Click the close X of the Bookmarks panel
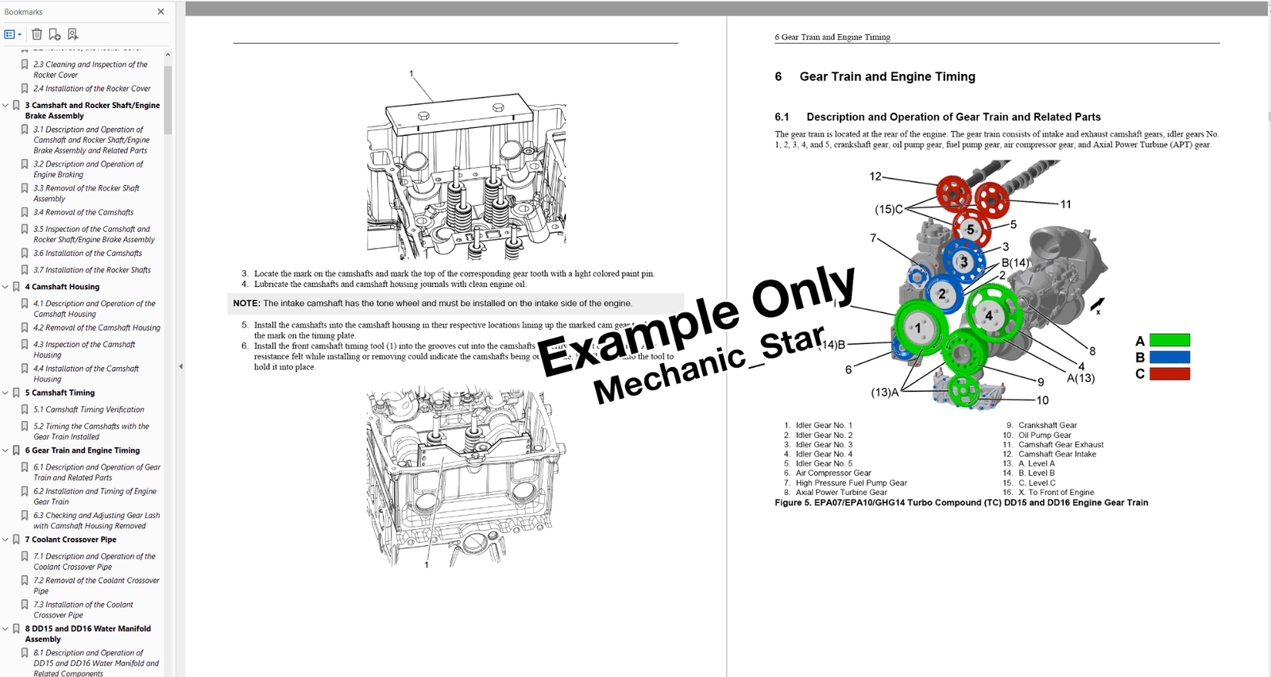pyautogui.click(x=160, y=12)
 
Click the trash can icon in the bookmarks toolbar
pyautogui.click(x=37, y=34)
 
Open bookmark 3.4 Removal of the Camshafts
pyautogui.click(x=83, y=212)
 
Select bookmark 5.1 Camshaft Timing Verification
pyautogui.click(x=88, y=409)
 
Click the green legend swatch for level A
pyautogui.click(x=1169, y=341)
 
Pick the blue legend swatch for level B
pyautogui.click(x=1169, y=358)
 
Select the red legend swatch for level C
pyautogui.click(x=1169, y=373)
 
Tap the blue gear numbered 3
pyautogui.click(x=964, y=261)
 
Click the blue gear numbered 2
pyautogui.click(x=942, y=294)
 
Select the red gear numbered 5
pyautogui.click(x=970, y=229)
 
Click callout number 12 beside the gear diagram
pyautogui.click(x=875, y=176)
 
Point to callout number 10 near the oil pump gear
pyautogui.click(x=1042, y=400)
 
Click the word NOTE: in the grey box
pyautogui.click(x=246, y=304)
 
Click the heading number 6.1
pyautogui.click(x=782, y=117)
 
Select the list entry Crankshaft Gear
pyautogui.click(x=1047, y=425)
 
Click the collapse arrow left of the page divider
pyautogui.click(x=180, y=366)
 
